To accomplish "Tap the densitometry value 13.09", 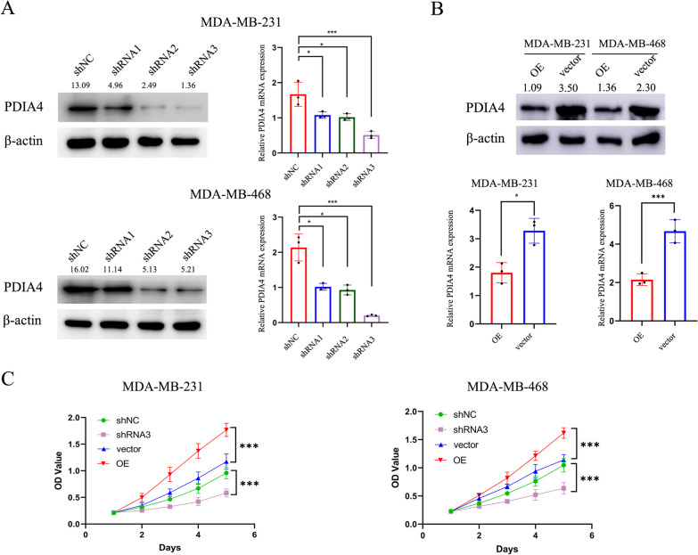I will tap(86, 86).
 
